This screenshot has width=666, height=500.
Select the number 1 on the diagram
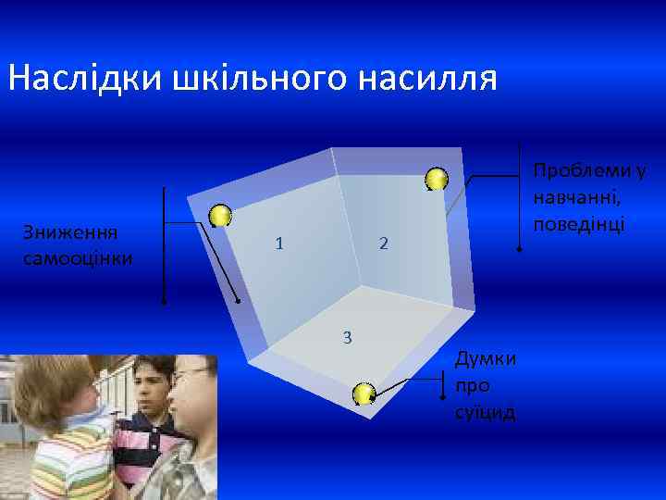[x=278, y=244]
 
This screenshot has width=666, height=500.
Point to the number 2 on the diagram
[x=384, y=244]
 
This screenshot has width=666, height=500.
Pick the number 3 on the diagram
[x=347, y=336]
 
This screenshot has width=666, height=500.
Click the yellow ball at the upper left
[x=220, y=216]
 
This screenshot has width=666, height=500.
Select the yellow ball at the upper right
[x=437, y=179]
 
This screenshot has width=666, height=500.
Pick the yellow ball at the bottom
[x=364, y=394]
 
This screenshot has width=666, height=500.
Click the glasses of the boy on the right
[x=192, y=374]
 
